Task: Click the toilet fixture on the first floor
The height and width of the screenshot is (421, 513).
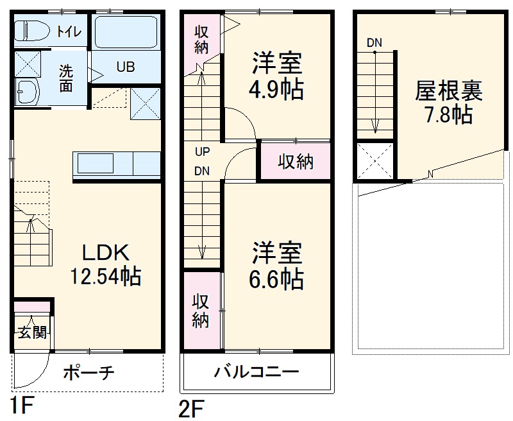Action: point(32,31)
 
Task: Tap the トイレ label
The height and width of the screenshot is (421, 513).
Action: point(69,31)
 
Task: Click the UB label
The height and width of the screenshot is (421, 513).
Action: point(125,67)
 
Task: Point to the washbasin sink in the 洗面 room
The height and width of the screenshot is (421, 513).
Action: point(27,94)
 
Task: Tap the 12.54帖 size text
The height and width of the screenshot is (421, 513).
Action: point(106,277)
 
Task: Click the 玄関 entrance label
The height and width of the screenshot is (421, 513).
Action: point(31,332)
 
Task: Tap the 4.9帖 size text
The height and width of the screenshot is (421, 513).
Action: point(276,89)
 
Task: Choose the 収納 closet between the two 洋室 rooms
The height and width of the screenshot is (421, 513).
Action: point(295,162)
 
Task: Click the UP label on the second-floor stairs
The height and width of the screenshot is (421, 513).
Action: point(203,152)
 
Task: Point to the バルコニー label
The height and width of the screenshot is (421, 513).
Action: point(256,372)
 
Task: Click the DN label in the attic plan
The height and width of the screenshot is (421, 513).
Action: point(374,42)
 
